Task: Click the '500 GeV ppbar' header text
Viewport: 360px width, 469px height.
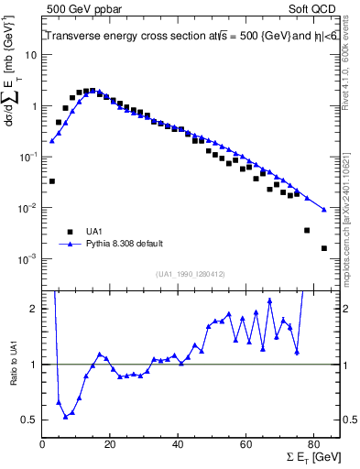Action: pos(81,8)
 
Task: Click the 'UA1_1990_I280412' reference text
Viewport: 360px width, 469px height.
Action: pos(190,274)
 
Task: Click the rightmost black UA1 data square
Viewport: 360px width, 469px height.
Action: pos(323,248)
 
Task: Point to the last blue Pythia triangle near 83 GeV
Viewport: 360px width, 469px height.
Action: pos(323,210)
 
